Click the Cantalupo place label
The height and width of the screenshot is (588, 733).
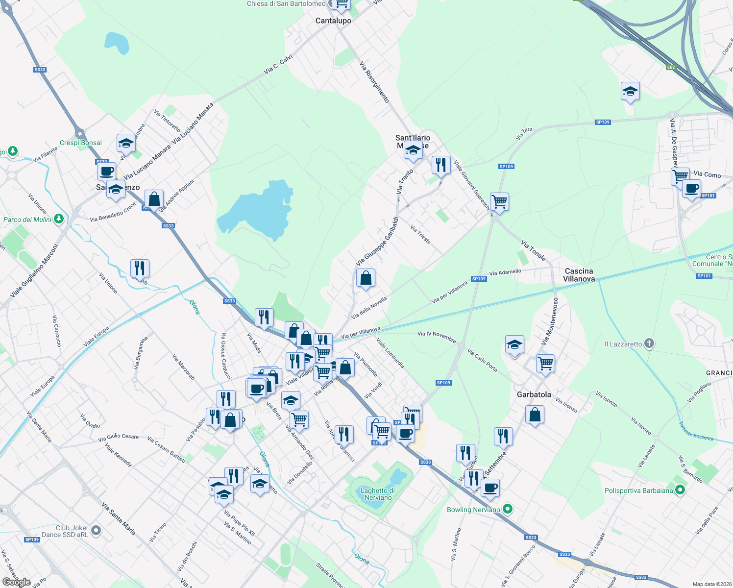tap(333, 21)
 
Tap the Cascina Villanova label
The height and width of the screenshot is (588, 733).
tap(579, 275)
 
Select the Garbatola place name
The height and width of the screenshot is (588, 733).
tap(534, 394)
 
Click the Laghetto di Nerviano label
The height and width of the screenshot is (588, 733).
tap(377, 494)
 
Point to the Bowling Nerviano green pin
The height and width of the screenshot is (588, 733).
tap(508, 510)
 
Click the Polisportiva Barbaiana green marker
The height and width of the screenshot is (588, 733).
tap(680, 490)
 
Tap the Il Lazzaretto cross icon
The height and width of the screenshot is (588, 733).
tap(649, 343)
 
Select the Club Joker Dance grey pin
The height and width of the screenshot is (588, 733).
tap(96, 531)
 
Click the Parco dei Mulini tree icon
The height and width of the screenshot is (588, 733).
tap(59, 219)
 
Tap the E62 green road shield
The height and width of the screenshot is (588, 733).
tap(671, 67)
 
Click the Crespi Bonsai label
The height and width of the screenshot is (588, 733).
tap(81, 143)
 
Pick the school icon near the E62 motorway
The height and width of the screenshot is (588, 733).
tap(630, 91)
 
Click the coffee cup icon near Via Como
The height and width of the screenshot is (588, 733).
tap(691, 188)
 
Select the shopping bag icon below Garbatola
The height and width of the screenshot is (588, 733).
tap(535, 415)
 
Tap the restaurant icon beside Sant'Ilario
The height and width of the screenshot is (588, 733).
tap(441, 165)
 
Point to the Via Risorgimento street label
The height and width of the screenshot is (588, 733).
tap(374, 82)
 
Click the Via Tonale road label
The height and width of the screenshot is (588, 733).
tap(533, 250)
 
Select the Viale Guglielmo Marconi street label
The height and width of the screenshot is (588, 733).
tap(34, 270)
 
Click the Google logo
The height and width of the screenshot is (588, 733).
tap(16, 582)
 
